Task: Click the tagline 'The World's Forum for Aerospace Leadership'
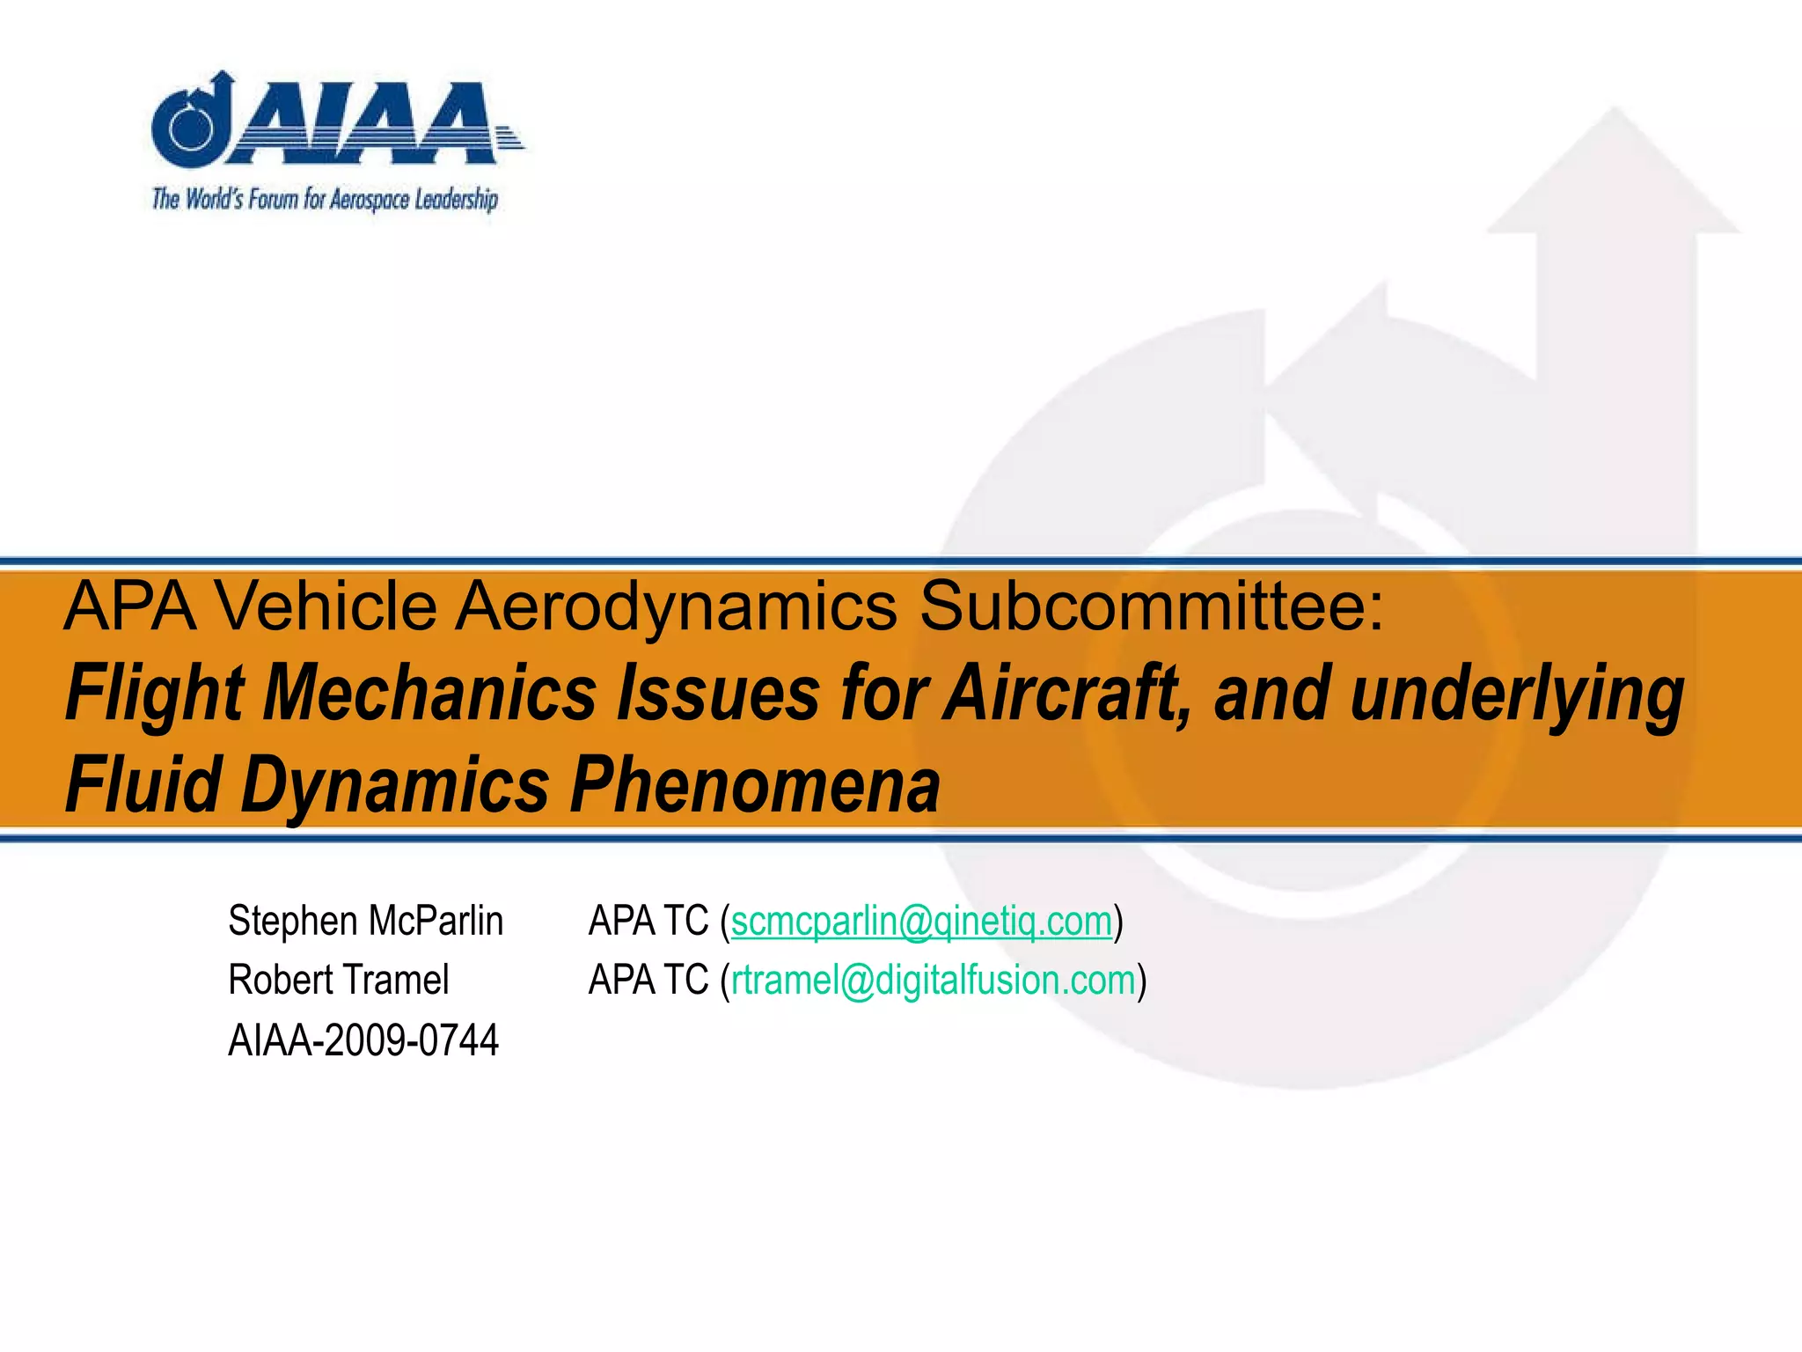(x=325, y=199)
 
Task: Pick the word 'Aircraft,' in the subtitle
(x=1064, y=694)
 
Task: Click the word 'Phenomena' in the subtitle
(x=756, y=784)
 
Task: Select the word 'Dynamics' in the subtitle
(x=395, y=786)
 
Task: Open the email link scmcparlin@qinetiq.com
(x=921, y=922)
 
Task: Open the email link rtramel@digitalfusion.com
(x=933, y=981)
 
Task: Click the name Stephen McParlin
(x=365, y=922)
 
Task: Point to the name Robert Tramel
(x=338, y=981)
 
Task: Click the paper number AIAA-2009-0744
(x=363, y=1040)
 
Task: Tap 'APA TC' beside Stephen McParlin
(x=648, y=922)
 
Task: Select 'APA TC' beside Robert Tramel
(x=648, y=981)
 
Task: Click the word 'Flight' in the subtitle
(x=154, y=694)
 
